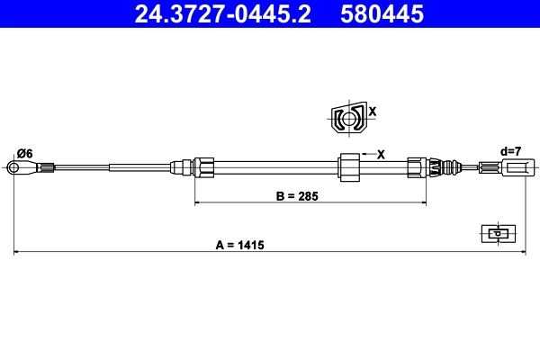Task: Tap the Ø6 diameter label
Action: (x=24, y=154)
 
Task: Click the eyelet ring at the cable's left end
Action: (x=14, y=166)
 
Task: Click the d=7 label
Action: (x=510, y=151)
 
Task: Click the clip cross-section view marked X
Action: (x=347, y=118)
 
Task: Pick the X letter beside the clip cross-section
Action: (x=373, y=112)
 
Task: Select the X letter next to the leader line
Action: (x=382, y=154)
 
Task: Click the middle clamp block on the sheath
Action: (x=348, y=166)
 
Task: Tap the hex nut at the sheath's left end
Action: (x=204, y=166)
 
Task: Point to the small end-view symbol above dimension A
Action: (x=497, y=233)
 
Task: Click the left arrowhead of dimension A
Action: (x=16, y=254)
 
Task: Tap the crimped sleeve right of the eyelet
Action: (x=46, y=166)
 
